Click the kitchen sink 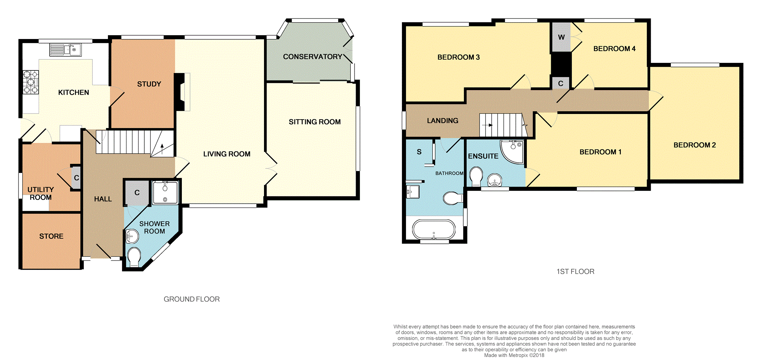coord(66,50)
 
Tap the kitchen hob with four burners coord(31,82)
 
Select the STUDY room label coord(149,84)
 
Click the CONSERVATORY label coord(312,57)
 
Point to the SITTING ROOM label coord(315,122)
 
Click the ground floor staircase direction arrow coord(162,149)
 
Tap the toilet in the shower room coord(134,257)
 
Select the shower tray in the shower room coord(165,193)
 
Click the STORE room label coord(52,236)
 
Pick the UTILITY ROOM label coord(41,193)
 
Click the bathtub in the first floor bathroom coord(434,229)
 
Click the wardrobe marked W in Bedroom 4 coord(561,37)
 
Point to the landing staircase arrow coord(487,125)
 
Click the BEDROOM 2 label coord(695,145)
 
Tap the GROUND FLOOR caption coord(192,299)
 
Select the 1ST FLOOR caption coord(575,271)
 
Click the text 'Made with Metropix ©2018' coord(514,355)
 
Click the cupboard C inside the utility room coord(76,178)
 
